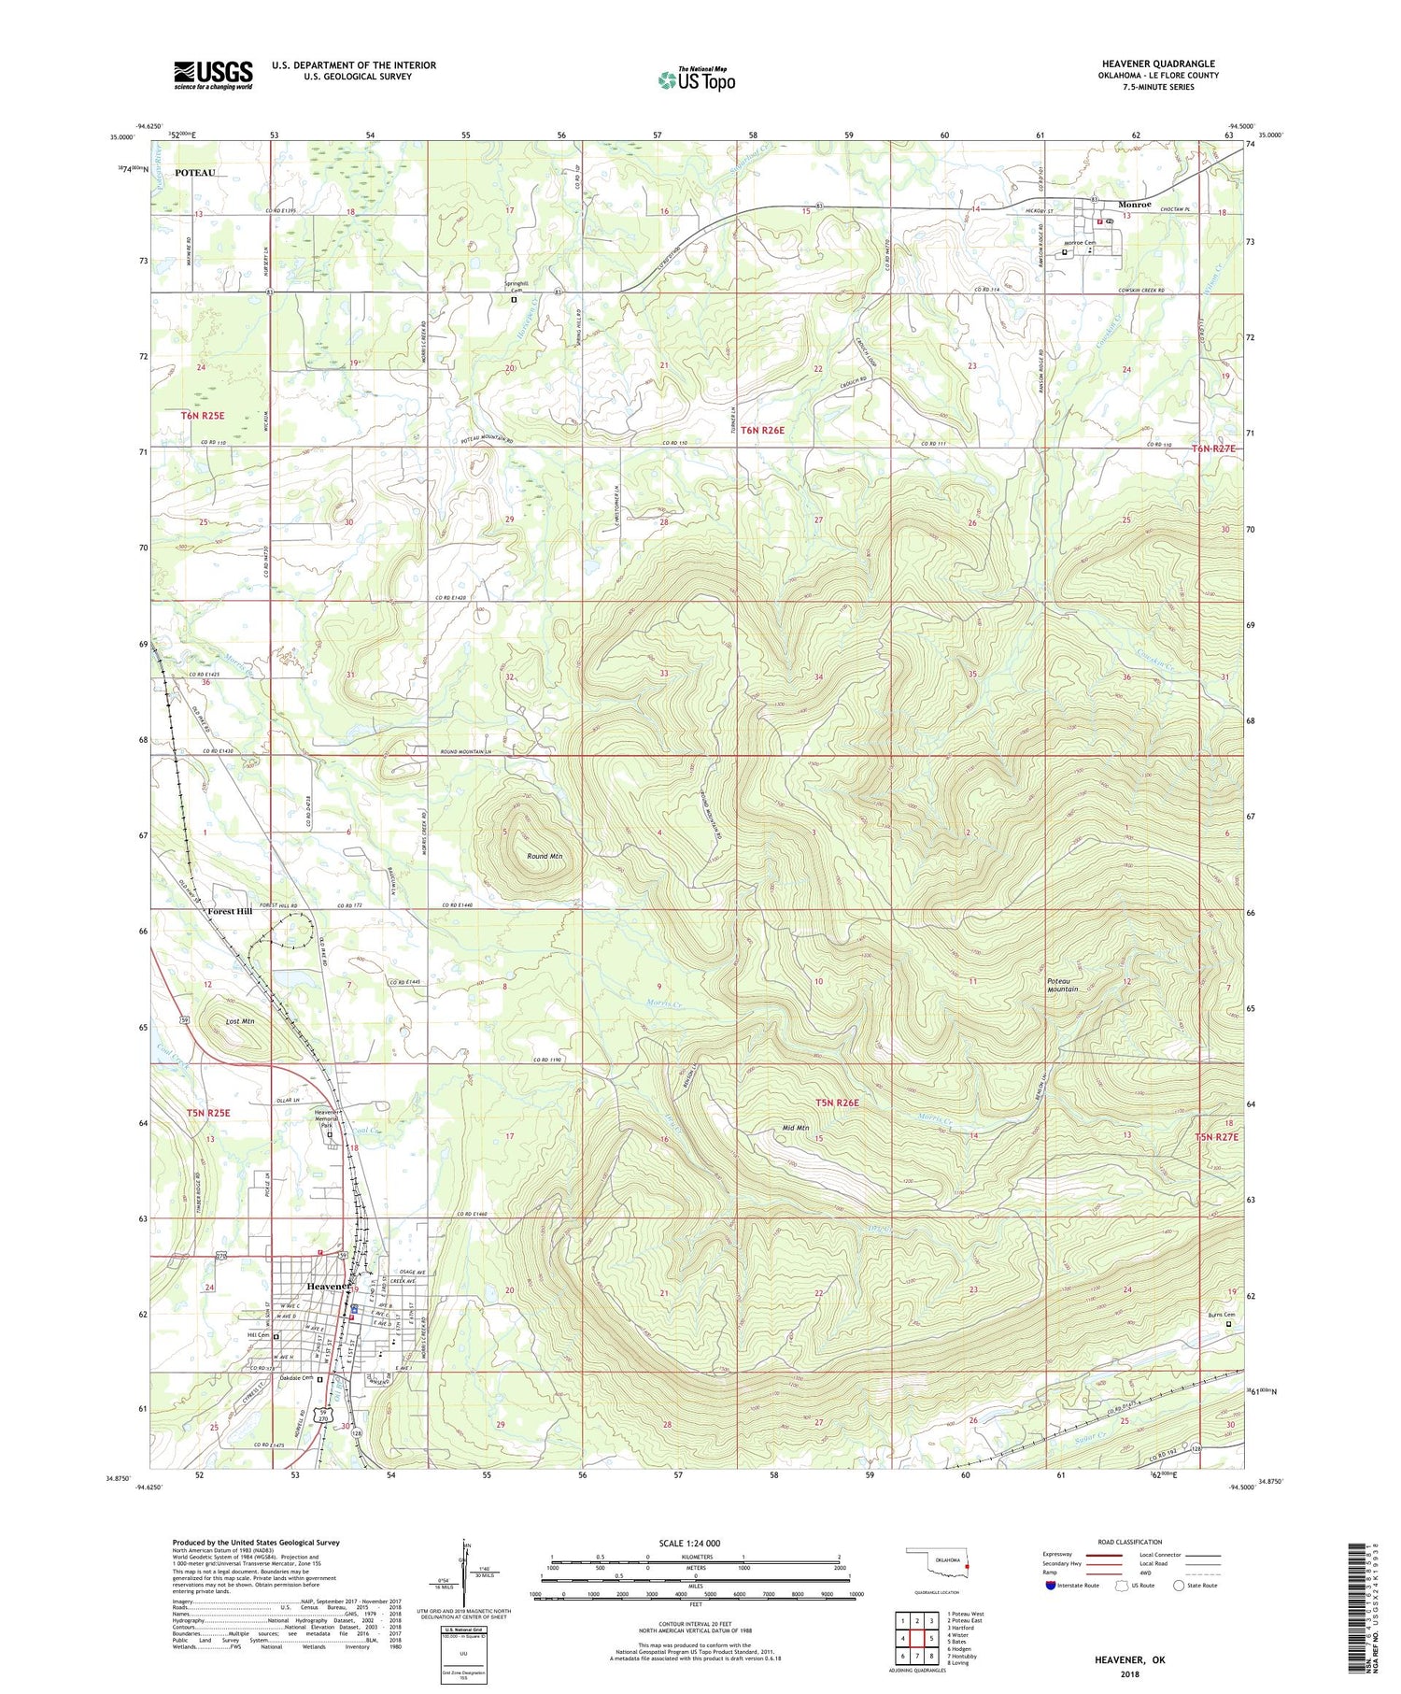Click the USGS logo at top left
(213, 75)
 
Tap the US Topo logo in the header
(697, 80)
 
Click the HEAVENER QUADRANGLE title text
(1158, 64)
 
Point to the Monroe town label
(1134, 205)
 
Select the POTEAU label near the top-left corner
(195, 173)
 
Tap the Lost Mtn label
(240, 1021)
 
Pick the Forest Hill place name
(230, 911)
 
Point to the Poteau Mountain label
(1062, 984)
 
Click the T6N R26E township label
(763, 431)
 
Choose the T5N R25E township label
(207, 1113)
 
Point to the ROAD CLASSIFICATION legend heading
(1130, 1542)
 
